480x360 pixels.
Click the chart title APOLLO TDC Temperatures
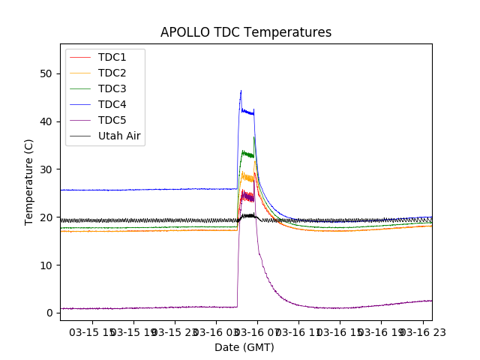tap(246, 32)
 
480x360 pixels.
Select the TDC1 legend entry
tap(112, 57)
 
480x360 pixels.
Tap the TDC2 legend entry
tap(112, 73)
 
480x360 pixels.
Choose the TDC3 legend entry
tap(112, 88)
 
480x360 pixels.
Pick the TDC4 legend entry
tap(112, 104)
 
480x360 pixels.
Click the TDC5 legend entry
tap(112, 120)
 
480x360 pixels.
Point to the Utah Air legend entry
tap(119, 136)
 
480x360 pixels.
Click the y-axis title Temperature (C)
tap(29, 181)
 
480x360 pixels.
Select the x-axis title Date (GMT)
tap(244, 347)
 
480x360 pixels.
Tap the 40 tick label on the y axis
tap(47, 121)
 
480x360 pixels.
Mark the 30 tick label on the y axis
tap(47, 169)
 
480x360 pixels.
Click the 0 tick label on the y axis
tap(50, 313)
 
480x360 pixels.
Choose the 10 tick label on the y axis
tap(47, 265)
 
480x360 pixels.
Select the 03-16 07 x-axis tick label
tap(256, 331)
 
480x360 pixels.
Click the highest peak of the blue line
tap(241, 91)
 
